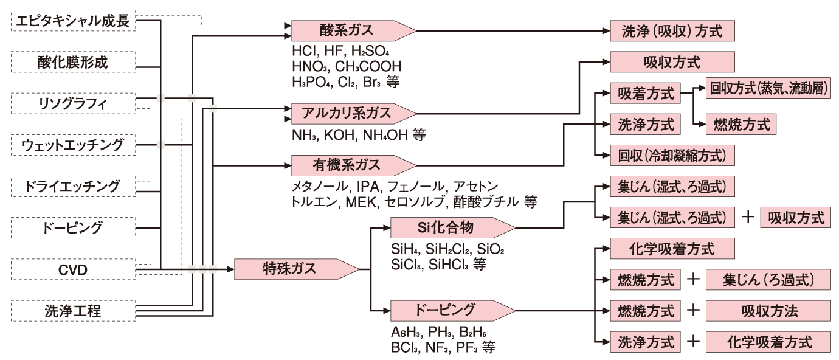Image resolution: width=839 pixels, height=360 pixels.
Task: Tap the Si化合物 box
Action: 447,227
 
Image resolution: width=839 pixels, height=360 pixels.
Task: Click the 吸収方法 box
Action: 768,311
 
